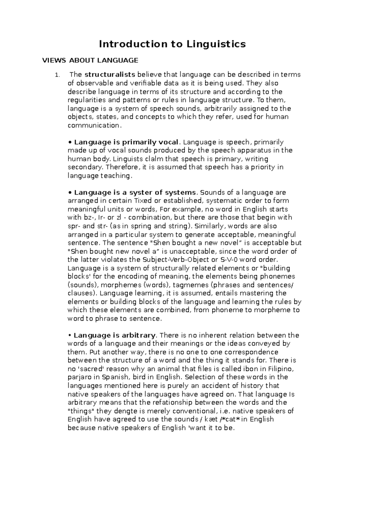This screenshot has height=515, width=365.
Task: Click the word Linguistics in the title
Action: (x=216, y=44)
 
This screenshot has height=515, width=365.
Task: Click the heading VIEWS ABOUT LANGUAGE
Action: (x=90, y=60)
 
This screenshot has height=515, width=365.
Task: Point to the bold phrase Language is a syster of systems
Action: (x=135, y=193)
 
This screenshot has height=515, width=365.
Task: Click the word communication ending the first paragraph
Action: (x=94, y=125)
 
